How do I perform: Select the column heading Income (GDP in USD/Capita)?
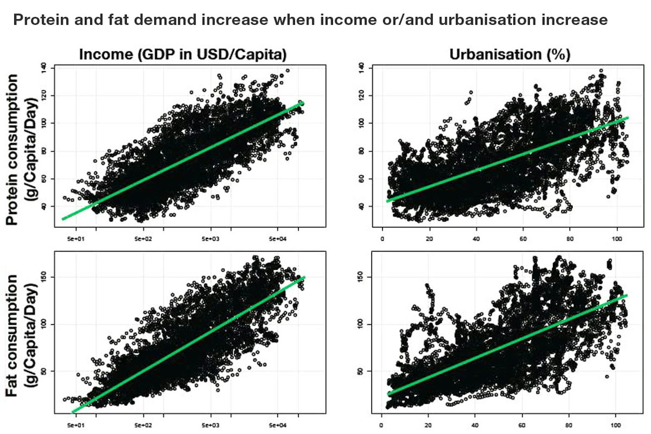(183, 54)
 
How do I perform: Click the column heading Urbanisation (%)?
(510, 54)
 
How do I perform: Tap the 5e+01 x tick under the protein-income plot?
(76, 239)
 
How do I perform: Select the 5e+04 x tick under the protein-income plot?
(278, 239)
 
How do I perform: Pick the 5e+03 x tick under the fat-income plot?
(211, 425)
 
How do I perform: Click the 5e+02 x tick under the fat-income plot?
(143, 425)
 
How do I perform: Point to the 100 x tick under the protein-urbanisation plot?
(617, 239)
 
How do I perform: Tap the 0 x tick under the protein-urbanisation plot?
(382, 239)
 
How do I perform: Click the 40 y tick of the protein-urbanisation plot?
(361, 206)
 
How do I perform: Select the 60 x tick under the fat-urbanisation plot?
(522, 425)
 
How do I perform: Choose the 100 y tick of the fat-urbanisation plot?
(361, 324)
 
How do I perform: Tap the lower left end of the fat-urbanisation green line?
(389, 394)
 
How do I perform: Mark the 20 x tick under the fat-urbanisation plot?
(429, 425)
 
